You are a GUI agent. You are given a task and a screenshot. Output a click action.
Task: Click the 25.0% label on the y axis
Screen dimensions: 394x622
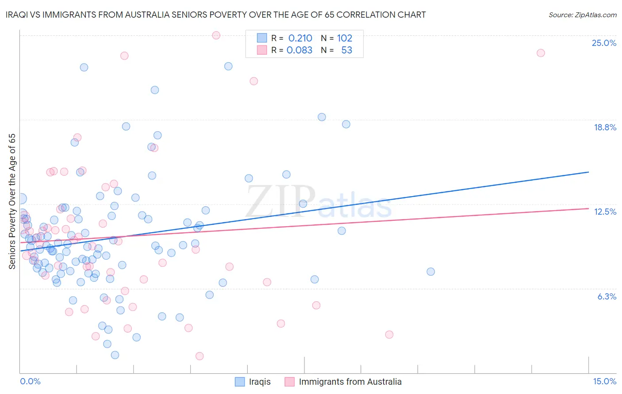tap(604, 43)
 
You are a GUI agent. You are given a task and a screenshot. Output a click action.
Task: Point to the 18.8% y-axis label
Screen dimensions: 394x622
tap(605, 127)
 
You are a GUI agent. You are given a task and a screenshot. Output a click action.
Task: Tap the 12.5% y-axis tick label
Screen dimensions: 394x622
tap(605, 212)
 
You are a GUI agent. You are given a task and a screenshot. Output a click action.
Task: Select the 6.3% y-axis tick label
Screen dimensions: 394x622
tap(607, 296)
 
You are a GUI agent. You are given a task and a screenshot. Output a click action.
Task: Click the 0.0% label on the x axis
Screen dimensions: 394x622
tap(30, 381)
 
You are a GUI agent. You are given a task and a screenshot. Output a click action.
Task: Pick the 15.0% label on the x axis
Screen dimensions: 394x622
tap(604, 381)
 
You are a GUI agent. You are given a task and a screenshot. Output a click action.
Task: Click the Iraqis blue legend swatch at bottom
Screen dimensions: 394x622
tap(240, 382)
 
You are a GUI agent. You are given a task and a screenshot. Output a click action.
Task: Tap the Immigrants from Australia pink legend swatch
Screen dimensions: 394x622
tap(290, 382)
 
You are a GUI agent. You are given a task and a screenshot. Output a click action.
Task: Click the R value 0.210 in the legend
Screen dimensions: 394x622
tap(300, 38)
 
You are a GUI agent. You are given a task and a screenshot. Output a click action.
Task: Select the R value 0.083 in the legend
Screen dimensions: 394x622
tap(299, 50)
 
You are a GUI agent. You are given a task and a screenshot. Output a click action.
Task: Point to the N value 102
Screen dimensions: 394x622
tap(345, 38)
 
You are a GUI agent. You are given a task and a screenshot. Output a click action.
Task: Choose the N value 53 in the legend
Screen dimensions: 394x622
tap(347, 50)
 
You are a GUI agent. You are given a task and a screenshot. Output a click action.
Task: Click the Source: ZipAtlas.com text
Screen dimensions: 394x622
tap(582, 15)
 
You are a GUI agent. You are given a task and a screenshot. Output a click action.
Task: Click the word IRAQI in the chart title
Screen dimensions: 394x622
tap(17, 15)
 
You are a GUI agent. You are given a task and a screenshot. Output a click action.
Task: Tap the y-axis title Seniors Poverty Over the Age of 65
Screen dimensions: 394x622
tap(12, 201)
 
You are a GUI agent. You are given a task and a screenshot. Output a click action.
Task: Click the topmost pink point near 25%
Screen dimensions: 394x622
tap(216, 35)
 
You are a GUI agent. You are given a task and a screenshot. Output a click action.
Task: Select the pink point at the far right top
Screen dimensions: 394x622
tap(541, 53)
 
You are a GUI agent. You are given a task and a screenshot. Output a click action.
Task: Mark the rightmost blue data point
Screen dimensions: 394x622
tap(430, 272)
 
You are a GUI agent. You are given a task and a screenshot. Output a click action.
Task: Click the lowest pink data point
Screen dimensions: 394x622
tap(200, 356)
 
